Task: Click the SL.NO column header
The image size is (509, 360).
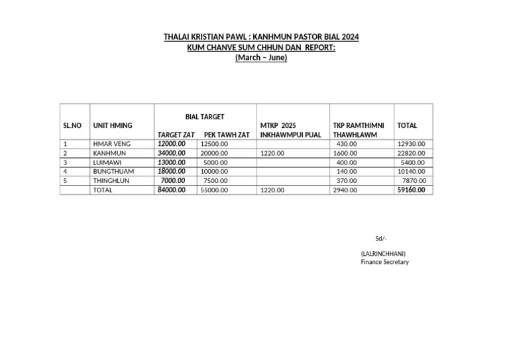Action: pyautogui.click(x=72, y=125)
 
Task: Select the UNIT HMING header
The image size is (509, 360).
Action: pyautogui.click(x=113, y=125)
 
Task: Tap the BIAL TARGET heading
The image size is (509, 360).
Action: pyautogui.click(x=205, y=117)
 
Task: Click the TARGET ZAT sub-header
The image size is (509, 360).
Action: pyautogui.click(x=176, y=135)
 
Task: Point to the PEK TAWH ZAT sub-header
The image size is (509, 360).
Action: pyautogui.click(x=227, y=135)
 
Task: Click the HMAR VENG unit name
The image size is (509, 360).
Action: pyautogui.click(x=112, y=144)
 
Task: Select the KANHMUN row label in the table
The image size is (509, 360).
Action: pyautogui.click(x=109, y=153)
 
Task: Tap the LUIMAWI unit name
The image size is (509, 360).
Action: pyautogui.click(x=108, y=162)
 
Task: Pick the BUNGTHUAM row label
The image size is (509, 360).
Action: pyautogui.click(x=113, y=171)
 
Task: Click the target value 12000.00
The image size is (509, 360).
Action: pyautogui.click(x=172, y=144)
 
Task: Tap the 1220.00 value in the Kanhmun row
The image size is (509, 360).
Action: pyautogui.click(x=272, y=153)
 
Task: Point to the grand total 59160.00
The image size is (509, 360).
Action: pyautogui.click(x=411, y=190)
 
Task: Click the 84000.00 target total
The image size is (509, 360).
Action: pyautogui.click(x=172, y=190)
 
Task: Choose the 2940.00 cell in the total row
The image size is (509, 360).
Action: pyautogui.click(x=345, y=190)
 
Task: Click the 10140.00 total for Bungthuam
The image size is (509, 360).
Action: pyautogui.click(x=412, y=171)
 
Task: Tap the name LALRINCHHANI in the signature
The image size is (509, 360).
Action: pyautogui.click(x=383, y=253)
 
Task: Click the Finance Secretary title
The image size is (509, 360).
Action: pyautogui.click(x=384, y=262)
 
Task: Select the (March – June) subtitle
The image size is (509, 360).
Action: pyautogui.click(x=261, y=58)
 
